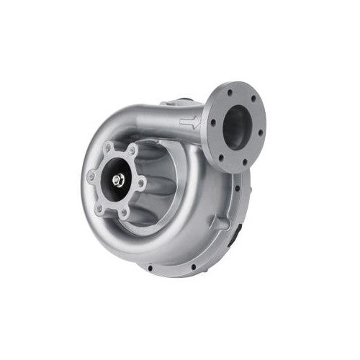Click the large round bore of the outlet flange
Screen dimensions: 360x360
237,127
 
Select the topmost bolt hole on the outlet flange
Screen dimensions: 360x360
230,93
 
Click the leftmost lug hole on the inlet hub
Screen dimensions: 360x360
91,176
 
